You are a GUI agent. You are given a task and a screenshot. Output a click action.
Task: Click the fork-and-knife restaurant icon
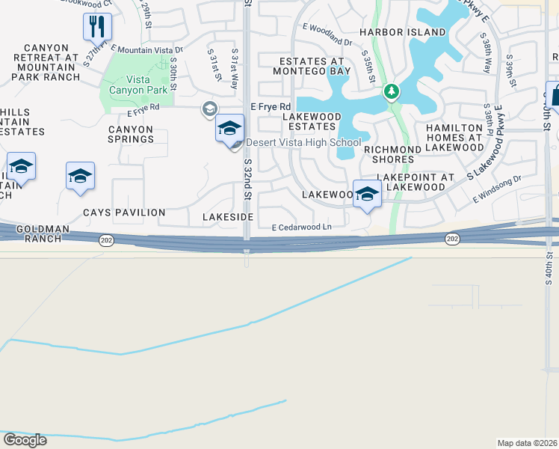97,27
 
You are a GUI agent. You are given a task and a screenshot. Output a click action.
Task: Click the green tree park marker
390,91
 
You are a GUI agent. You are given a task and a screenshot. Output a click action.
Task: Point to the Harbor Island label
402,33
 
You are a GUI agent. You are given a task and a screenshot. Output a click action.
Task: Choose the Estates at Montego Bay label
315,66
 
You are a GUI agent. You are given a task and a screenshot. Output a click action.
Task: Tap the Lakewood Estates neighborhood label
312,121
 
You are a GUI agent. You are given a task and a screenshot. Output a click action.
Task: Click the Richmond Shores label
392,154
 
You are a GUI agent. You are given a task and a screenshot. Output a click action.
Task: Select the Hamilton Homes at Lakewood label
455,138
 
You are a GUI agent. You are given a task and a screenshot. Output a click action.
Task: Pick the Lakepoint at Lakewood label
415,182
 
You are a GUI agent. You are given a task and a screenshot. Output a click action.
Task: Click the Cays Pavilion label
124,213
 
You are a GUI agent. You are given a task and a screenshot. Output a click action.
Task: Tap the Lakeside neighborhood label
228,216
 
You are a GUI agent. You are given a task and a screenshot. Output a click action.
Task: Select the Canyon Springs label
130,134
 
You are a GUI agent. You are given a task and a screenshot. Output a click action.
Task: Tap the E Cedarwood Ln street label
301,227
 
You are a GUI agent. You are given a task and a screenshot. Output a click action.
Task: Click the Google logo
25,439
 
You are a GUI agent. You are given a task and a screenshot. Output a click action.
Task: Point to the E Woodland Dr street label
327,34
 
